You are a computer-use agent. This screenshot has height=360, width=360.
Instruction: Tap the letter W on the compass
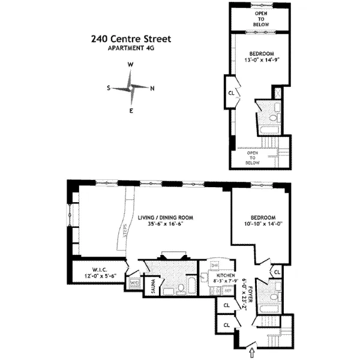(130, 64)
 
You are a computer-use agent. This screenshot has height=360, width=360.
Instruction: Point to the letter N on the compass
(152, 88)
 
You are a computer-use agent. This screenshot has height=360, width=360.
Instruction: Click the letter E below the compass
(131, 111)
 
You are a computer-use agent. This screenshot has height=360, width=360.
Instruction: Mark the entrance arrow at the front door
(251, 347)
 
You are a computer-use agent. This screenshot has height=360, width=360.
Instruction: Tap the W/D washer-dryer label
(135, 282)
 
